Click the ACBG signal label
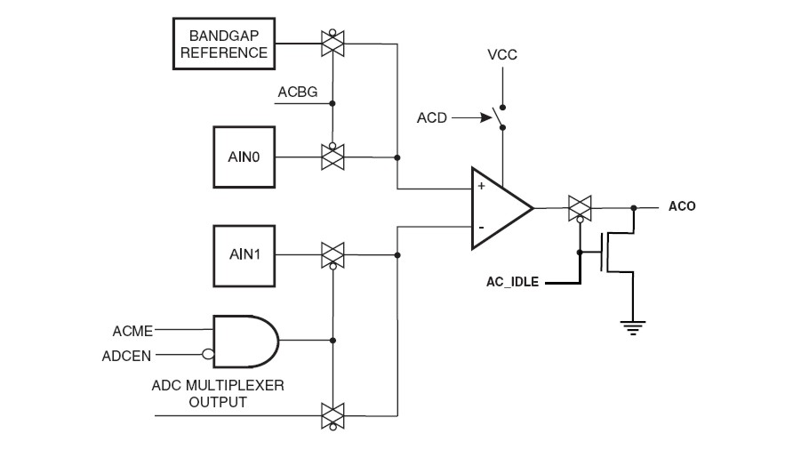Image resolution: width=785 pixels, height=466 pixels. click(295, 92)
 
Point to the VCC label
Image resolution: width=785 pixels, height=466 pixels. click(501, 55)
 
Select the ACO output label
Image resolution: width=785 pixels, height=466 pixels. click(682, 206)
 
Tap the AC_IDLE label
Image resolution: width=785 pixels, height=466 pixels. click(511, 282)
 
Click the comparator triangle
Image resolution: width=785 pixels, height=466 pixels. click(498, 208)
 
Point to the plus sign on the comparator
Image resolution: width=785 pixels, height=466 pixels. click(481, 188)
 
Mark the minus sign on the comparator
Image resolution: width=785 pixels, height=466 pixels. click(481, 228)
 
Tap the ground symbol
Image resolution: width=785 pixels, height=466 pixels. click(632, 325)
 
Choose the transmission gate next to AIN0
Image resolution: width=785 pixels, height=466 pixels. click(333, 158)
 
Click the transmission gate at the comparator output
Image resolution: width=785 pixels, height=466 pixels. click(580, 208)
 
